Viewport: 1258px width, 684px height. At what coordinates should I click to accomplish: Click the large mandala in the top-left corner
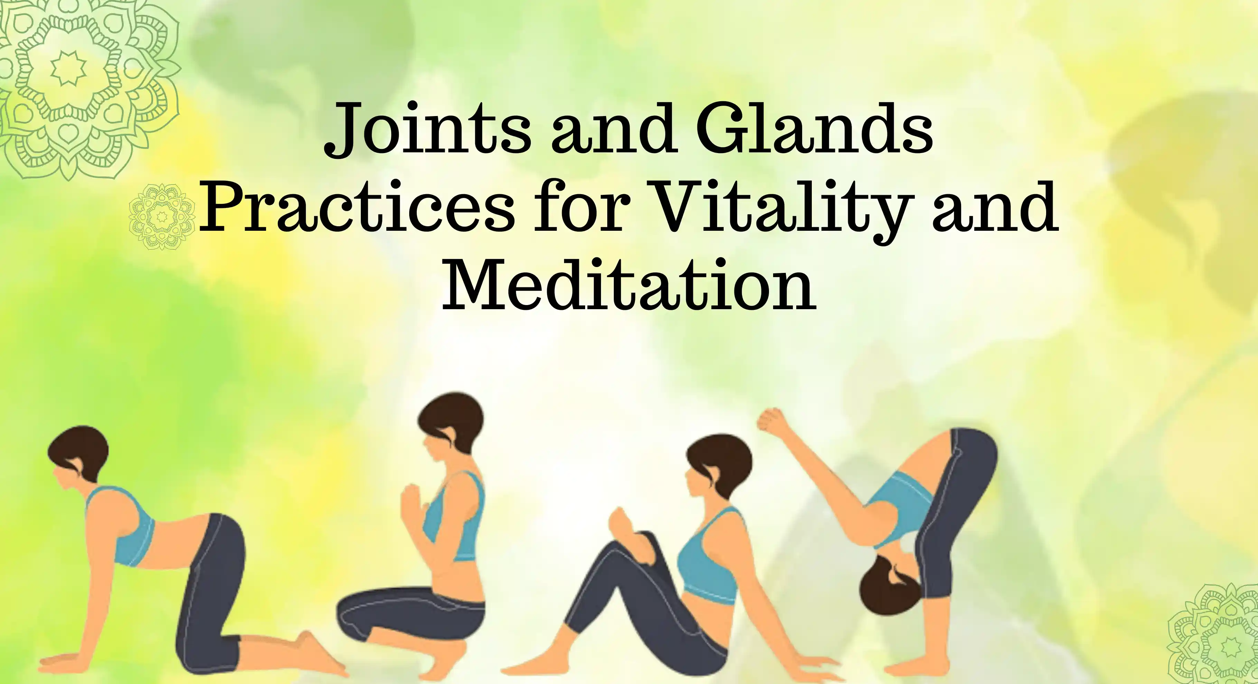88,88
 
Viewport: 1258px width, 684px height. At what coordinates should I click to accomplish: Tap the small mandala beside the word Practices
162,216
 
